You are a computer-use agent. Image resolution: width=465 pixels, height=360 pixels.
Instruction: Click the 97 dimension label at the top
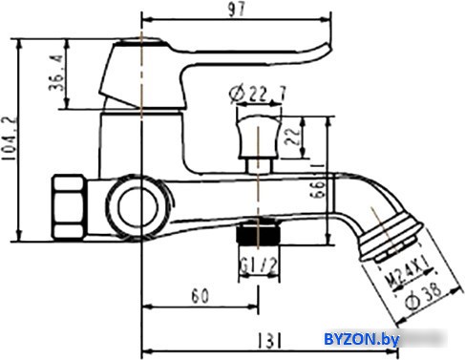(x=237, y=10)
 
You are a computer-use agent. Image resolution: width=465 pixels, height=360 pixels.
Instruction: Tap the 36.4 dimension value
(x=56, y=73)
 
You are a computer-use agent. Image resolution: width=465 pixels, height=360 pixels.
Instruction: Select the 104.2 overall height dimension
(x=9, y=138)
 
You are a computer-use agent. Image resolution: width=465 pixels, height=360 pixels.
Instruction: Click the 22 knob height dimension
(x=292, y=136)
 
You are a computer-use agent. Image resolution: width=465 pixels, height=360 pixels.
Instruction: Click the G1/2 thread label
(x=259, y=265)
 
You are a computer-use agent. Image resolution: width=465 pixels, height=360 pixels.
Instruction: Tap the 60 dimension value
(x=201, y=296)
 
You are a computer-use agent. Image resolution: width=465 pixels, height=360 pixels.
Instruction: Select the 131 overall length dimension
(x=269, y=340)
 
